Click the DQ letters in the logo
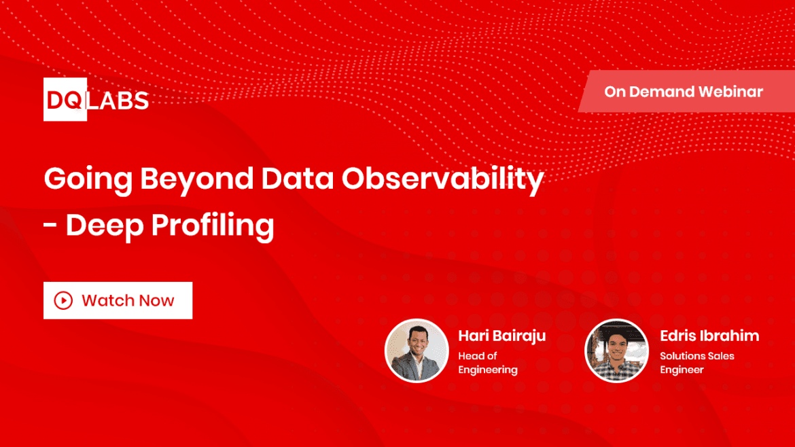(x=65, y=101)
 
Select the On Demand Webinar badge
(x=683, y=92)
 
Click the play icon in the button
(x=63, y=300)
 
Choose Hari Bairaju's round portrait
(x=417, y=351)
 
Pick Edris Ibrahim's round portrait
(x=616, y=351)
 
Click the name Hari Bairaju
(x=501, y=336)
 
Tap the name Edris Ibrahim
(x=709, y=336)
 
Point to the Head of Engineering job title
(x=487, y=363)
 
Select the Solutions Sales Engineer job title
(x=696, y=363)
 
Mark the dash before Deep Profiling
(x=50, y=225)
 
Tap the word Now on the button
(x=157, y=300)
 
